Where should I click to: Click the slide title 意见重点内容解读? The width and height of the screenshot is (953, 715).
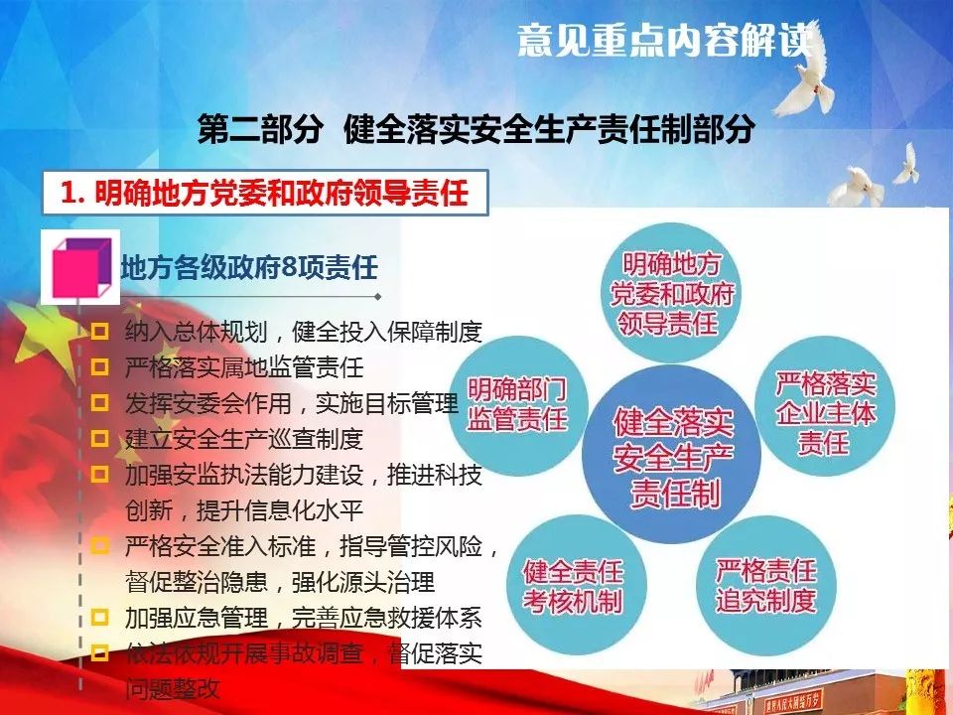click(x=665, y=41)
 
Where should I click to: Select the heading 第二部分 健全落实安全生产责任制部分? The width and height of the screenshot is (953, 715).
click(x=476, y=129)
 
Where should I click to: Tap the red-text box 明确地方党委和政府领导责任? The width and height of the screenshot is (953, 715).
click(x=265, y=193)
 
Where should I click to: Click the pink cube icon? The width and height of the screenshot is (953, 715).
click(x=81, y=267)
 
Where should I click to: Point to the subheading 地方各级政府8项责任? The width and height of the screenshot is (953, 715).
click(x=249, y=267)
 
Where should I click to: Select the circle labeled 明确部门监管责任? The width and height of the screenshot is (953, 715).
click(x=518, y=405)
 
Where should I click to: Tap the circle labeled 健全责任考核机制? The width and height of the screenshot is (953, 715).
click(x=575, y=585)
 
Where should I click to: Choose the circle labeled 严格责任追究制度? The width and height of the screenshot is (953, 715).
click(x=765, y=585)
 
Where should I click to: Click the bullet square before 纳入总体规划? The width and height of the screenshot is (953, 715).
click(x=99, y=332)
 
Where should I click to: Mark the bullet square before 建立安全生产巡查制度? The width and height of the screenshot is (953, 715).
click(x=99, y=438)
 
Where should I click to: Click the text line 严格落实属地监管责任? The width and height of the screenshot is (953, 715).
click(x=244, y=367)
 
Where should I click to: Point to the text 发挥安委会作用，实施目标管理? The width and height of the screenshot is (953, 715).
click(x=292, y=403)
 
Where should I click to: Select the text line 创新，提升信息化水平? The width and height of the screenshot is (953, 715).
click(x=244, y=510)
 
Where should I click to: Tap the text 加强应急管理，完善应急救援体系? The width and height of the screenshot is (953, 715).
click(x=304, y=618)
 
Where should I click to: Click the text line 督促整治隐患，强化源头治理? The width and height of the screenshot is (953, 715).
click(x=280, y=582)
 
